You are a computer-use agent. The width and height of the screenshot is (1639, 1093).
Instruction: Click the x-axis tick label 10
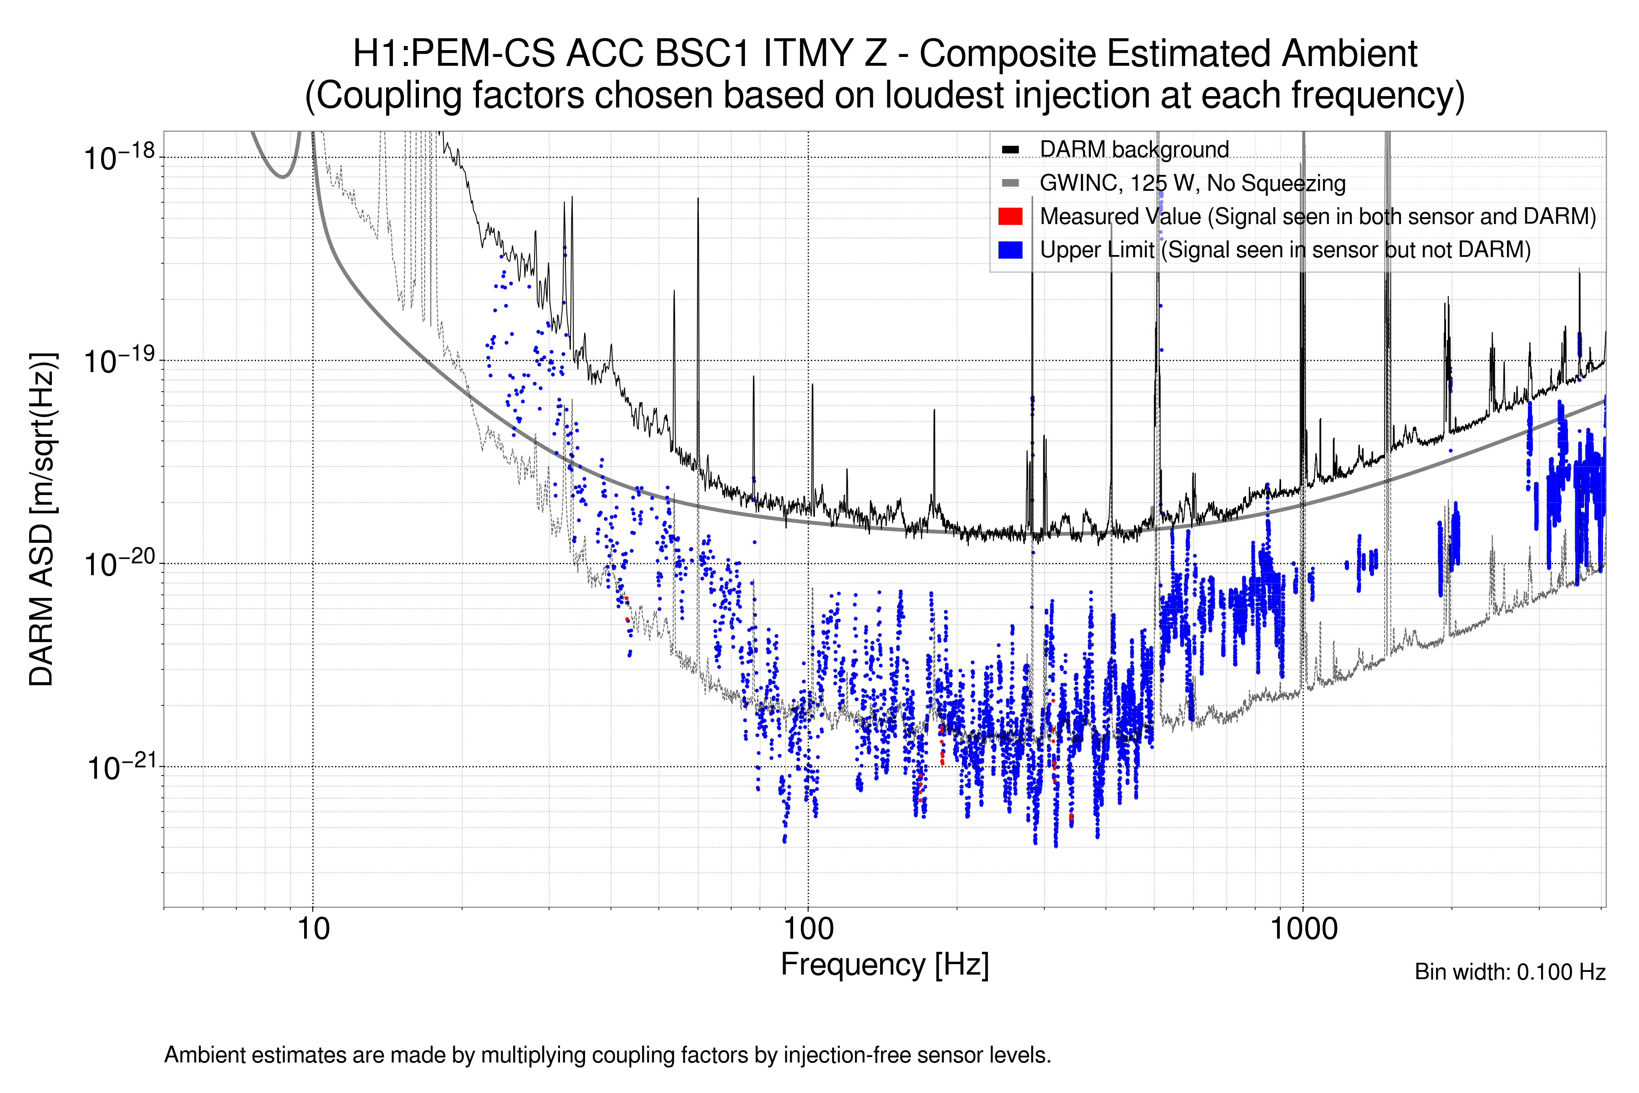tap(313, 929)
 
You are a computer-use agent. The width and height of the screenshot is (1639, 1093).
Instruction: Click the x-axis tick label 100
tap(809, 929)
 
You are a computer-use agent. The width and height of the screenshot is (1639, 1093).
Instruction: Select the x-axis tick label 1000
tap(1303, 929)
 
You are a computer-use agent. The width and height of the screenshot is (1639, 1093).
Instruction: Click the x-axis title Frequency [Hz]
tap(884, 965)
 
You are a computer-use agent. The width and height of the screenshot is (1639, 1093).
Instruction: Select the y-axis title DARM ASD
tap(42, 519)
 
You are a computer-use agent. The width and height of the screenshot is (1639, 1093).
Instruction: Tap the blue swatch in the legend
tap(1010, 250)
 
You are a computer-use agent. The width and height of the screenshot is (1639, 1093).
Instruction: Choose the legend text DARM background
tap(1134, 150)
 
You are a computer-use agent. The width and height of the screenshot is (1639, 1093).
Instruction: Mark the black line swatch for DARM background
tap(1010, 150)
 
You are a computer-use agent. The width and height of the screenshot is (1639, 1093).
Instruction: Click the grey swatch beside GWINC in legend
tap(1010, 184)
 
